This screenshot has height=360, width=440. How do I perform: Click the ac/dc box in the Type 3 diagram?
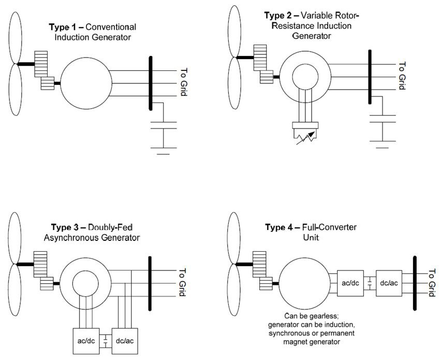tap(86, 341)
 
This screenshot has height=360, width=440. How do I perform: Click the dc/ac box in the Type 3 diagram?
tap(125, 341)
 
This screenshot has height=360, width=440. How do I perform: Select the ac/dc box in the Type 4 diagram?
tap(350, 283)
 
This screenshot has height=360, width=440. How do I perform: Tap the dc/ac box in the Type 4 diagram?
tap(389, 283)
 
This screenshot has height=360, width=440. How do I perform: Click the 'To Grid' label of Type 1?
tap(184, 82)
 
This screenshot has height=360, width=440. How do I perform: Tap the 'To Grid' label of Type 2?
tap(402, 76)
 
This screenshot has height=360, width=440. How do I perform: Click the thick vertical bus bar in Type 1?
tap(151, 83)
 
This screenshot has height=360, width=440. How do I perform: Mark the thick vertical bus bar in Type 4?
tap(415, 283)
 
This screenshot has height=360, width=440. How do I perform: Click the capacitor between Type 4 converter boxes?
tap(370, 283)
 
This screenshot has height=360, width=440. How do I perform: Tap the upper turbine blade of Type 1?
tap(16, 38)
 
